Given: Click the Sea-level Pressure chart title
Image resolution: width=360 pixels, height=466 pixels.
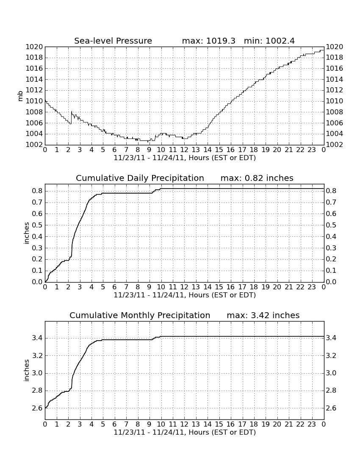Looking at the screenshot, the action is tap(113, 41).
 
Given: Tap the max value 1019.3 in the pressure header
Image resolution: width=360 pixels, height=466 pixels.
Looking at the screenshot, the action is tap(221, 41).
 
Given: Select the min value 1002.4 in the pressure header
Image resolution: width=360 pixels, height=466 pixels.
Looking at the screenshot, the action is tap(280, 41).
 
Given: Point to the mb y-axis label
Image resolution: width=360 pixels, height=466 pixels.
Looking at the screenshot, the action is tap(20, 96).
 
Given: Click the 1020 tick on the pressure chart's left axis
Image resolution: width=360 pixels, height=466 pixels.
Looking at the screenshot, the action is tap(34, 47).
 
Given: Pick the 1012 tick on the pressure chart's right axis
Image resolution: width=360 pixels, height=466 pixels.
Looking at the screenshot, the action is tap(335, 90).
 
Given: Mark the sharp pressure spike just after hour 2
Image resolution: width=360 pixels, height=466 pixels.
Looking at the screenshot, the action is tap(72, 112).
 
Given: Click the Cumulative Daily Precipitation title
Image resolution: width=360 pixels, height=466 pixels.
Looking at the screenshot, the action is tap(140, 178).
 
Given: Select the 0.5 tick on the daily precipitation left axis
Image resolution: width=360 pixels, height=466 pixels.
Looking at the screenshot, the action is tap(37, 225).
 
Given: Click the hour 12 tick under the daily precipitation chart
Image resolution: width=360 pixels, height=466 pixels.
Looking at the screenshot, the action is tap(184, 287).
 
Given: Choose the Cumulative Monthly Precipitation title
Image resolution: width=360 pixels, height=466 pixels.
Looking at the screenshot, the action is tap(140, 315).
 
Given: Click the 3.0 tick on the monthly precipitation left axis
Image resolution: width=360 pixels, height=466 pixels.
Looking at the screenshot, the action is tap(37, 373).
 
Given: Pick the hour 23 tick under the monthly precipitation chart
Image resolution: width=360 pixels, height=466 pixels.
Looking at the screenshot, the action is tap(312, 424).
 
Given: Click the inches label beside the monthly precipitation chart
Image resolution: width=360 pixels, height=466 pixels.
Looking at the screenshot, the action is tap(26, 370).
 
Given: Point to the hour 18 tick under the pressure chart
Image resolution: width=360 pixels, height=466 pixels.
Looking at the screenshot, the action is tap(254, 150).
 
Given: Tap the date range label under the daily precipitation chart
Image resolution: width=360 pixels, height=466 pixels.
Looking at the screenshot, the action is tap(185, 295).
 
